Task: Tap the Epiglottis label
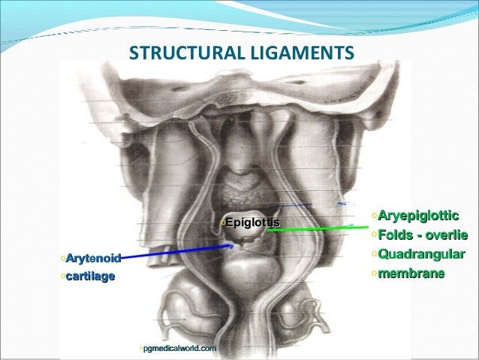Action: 252,222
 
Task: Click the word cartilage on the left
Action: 90,277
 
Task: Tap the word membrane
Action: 412,271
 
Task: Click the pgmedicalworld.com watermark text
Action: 179,348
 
